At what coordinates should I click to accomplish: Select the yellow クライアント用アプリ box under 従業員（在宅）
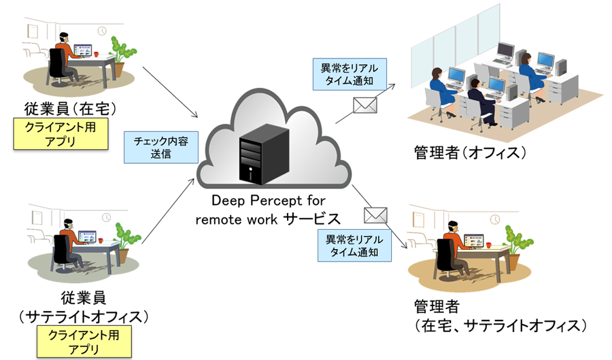tap(61, 133)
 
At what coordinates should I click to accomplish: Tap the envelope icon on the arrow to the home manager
tap(375, 215)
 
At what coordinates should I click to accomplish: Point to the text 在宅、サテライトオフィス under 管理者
tap(500, 325)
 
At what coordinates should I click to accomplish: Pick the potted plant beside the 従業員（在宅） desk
tap(121, 54)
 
